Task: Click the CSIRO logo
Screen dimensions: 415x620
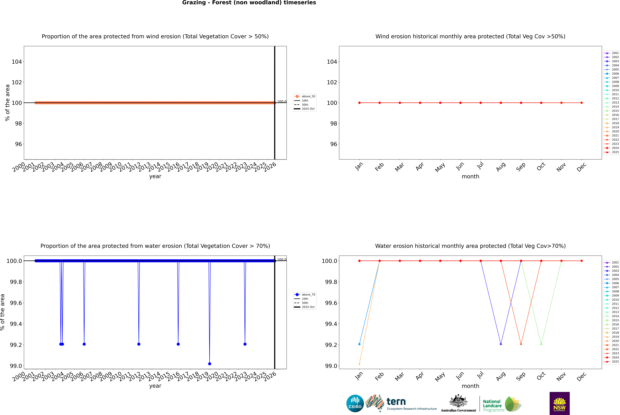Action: click(355, 403)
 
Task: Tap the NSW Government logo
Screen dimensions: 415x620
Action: click(559, 403)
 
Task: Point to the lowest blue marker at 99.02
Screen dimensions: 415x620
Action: click(210, 364)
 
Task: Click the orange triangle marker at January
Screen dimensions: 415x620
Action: click(359, 364)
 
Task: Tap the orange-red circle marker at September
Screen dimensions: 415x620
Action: click(521, 344)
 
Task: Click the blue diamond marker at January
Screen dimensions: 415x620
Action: click(359, 344)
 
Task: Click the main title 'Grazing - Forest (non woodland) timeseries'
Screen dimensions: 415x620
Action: click(249, 3)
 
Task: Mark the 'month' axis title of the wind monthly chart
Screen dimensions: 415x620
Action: click(470, 177)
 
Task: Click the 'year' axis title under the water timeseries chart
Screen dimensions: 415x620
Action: click(155, 386)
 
